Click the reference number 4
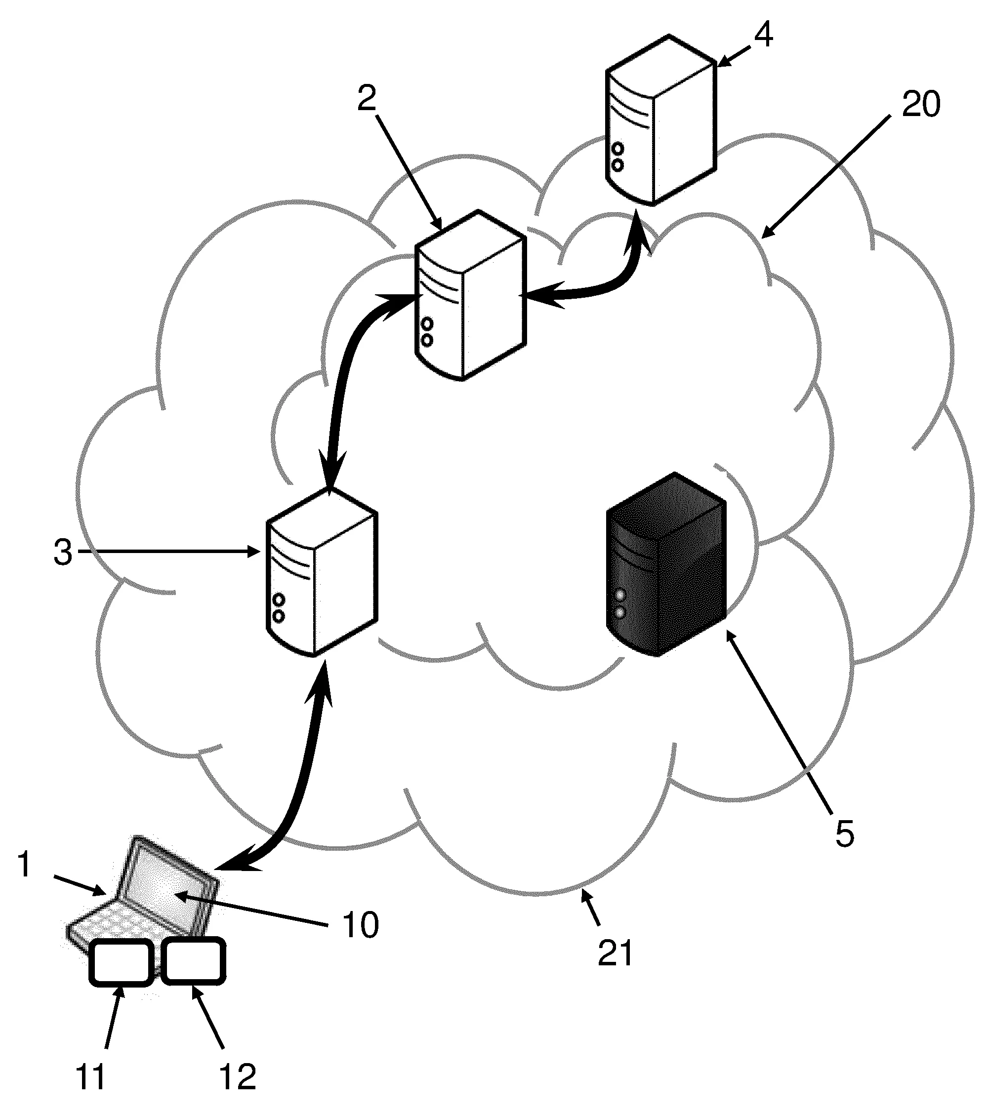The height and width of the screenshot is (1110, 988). pos(763,36)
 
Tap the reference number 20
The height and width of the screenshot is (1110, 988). pos(921,105)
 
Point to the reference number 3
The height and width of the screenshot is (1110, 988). pos(63,554)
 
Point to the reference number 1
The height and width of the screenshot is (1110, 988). pos(24,865)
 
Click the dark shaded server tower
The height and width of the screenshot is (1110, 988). pos(666,565)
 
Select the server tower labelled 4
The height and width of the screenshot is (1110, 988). pos(660,120)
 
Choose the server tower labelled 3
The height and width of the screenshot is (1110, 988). pos(322,571)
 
